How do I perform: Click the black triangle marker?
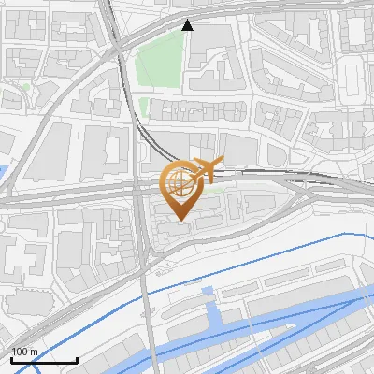pos(188,25)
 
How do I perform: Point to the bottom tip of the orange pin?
pos(178,220)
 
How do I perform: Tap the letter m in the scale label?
pos(34,352)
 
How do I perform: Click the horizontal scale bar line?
pos(44,360)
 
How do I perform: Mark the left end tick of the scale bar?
pos(11,358)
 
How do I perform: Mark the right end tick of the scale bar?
pos(77,358)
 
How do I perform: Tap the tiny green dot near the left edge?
pos(25,87)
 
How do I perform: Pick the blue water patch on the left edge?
pos(3,175)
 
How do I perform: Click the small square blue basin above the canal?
pos(208,292)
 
